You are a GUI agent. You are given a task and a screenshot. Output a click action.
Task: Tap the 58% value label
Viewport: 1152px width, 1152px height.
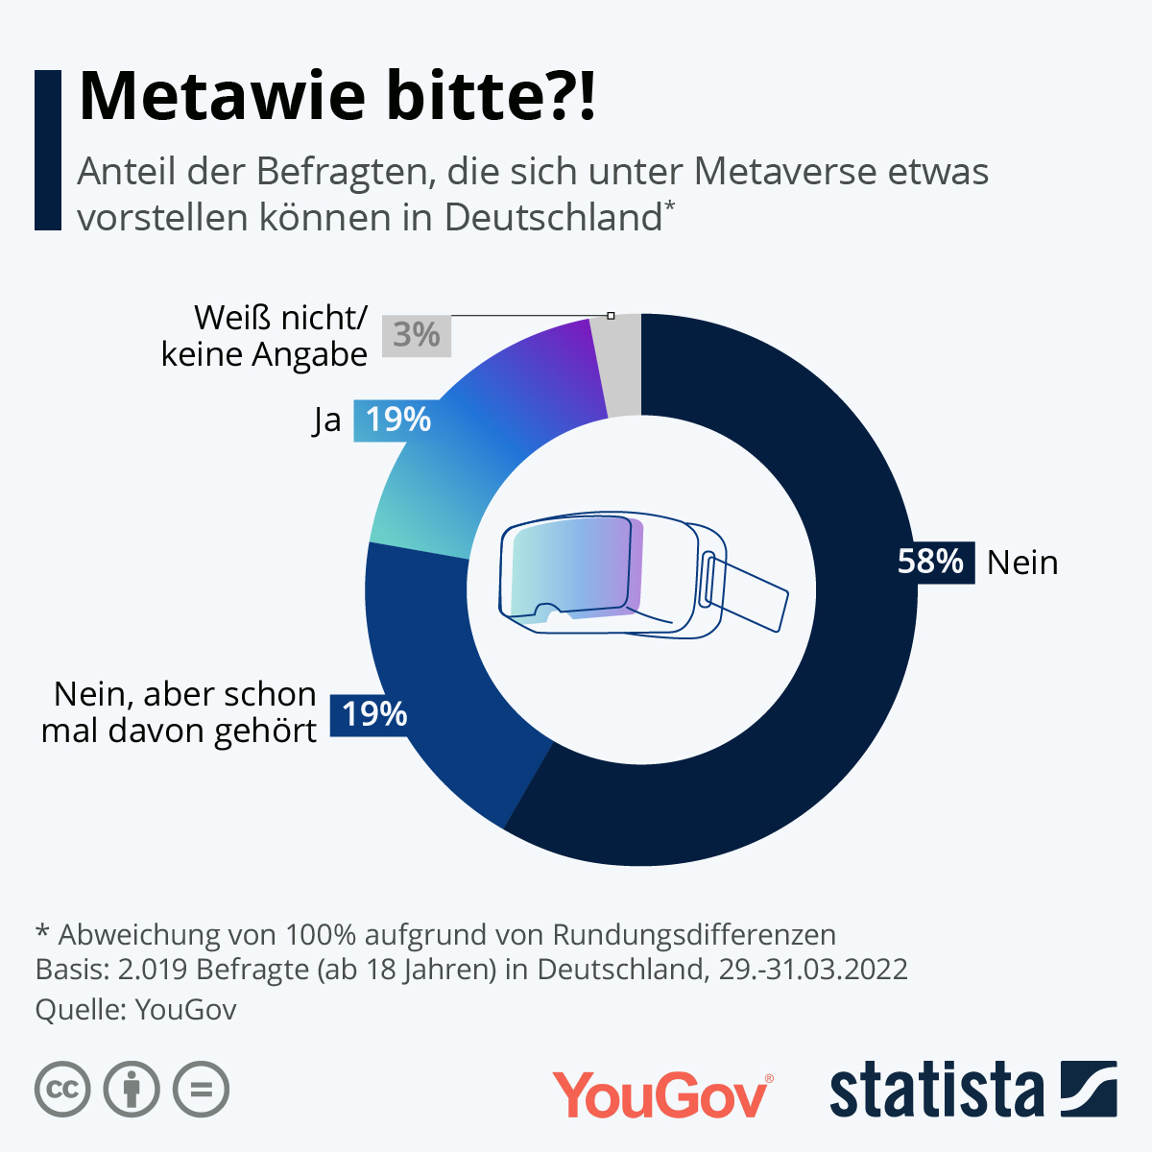pos(929,562)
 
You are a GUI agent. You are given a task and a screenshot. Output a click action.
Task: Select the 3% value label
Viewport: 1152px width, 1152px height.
pos(417,335)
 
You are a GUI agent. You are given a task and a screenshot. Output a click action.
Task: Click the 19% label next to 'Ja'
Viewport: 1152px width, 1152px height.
pos(397,420)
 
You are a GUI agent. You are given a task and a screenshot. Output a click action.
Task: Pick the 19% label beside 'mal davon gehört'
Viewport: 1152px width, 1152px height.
pos(374,714)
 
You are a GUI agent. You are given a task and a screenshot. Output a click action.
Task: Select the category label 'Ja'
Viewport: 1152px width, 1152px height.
pos(327,420)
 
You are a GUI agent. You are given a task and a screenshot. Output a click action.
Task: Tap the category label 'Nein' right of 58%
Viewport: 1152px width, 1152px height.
pos(1022,563)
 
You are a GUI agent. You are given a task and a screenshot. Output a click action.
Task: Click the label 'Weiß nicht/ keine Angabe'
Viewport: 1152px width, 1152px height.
pos(265,336)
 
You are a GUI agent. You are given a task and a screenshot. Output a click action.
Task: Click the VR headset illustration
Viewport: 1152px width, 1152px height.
pos(614,576)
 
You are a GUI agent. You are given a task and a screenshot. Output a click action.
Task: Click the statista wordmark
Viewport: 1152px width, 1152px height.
pos(936,1092)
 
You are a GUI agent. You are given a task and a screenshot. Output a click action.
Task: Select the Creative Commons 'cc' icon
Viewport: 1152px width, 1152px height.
pos(62,1090)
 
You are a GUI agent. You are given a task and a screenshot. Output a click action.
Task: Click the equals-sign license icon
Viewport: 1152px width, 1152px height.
pos(202,1090)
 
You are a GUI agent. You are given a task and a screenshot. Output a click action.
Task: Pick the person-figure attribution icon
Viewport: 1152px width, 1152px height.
pos(132,1090)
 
